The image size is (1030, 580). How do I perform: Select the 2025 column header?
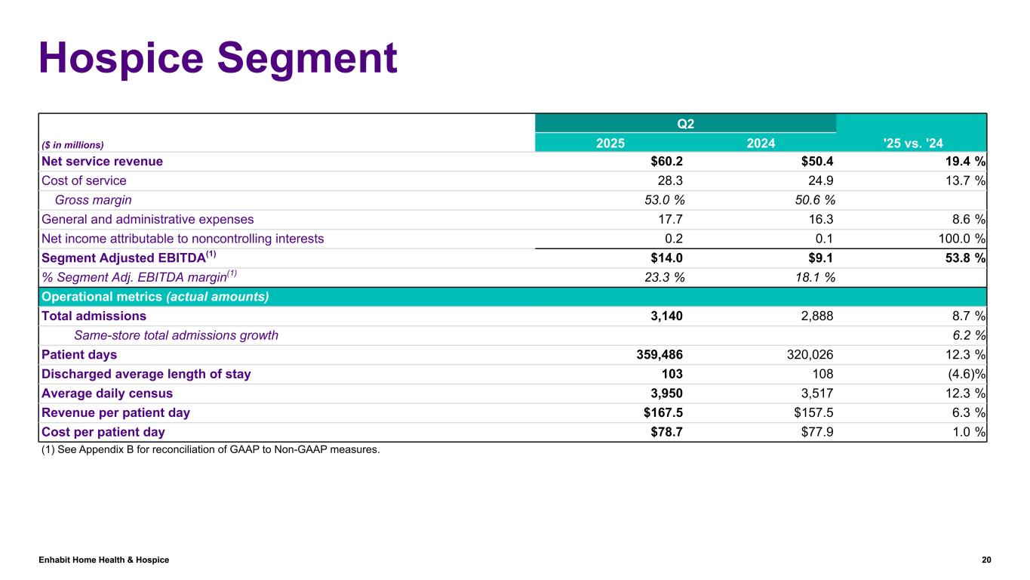pos(610,142)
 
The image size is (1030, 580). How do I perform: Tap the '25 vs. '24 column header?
pos(911,142)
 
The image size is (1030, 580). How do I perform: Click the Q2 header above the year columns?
pos(685,123)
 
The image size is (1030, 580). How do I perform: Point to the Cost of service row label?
pos(84,180)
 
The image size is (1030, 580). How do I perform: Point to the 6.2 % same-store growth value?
pos(967,335)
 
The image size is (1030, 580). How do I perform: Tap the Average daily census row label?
pos(107,393)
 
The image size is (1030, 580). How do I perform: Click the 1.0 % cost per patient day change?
pos(967,432)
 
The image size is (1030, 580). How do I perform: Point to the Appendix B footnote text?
pos(211,450)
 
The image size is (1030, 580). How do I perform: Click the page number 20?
pos(985,560)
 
